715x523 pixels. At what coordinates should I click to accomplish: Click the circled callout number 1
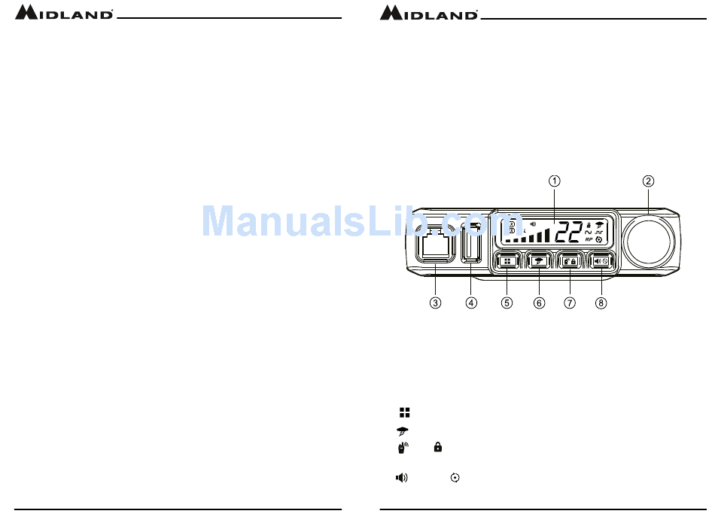(x=553, y=181)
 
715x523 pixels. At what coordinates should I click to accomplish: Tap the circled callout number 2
(x=648, y=181)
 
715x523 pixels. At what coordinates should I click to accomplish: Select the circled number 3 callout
(x=435, y=303)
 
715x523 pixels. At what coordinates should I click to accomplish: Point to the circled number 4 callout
(x=471, y=303)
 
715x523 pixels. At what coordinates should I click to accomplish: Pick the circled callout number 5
(x=507, y=303)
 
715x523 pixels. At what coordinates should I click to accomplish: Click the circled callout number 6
(x=539, y=303)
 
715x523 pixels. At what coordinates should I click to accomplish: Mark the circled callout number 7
(x=570, y=303)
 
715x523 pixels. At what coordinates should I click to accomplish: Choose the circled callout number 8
(x=601, y=303)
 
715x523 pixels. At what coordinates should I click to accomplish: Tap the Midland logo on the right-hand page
(x=428, y=13)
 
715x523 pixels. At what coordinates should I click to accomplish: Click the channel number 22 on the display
(x=569, y=233)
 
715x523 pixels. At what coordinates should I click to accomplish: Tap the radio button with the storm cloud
(x=539, y=261)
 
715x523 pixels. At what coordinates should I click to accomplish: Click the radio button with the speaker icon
(x=601, y=261)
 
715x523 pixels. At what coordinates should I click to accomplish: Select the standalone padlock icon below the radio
(x=437, y=447)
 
